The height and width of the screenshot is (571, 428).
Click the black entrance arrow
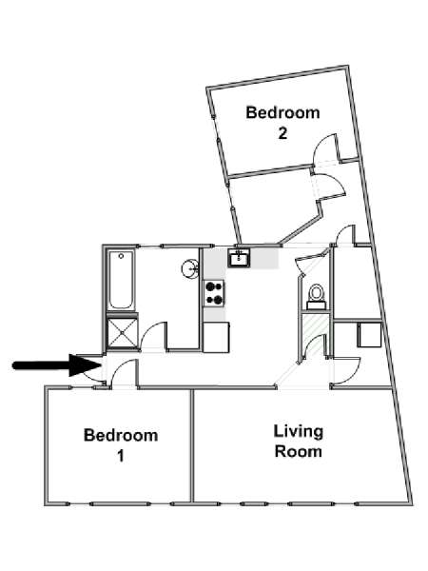tap(57, 365)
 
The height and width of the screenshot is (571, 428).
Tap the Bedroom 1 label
tap(121, 445)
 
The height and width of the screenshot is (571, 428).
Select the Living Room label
tap(299, 441)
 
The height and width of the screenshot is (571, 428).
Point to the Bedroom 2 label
tap(282, 123)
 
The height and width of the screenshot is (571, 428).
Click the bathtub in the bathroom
tap(121, 280)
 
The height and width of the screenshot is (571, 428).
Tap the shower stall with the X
tap(123, 333)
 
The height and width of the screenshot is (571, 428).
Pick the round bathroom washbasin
tap(190, 268)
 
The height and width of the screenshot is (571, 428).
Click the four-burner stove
tap(214, 293)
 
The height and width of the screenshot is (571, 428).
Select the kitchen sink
tap(239, 258)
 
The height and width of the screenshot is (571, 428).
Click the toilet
tap(316, 297)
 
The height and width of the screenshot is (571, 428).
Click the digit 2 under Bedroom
tap(282, 133)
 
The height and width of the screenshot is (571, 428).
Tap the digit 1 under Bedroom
tap(121, 456)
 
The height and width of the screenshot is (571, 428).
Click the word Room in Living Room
tap(299, 451)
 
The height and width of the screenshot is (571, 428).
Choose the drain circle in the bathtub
tap(121, 256)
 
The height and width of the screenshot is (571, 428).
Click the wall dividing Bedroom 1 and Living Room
tap(192, 447)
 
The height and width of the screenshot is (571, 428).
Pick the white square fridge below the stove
tap(216, 337)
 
